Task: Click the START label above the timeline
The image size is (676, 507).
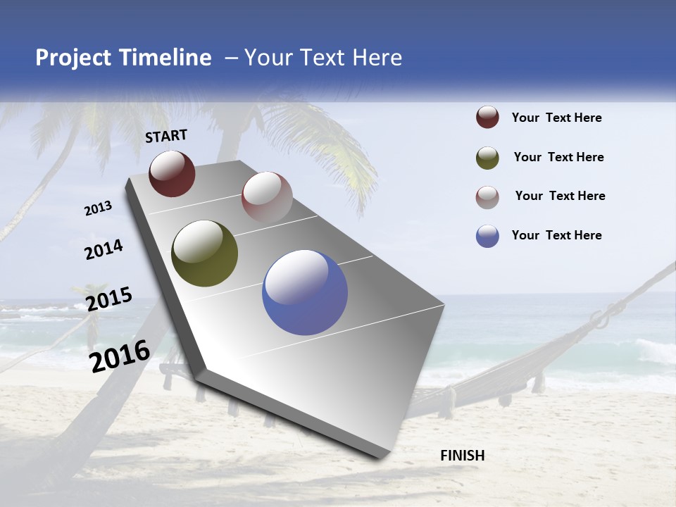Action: coord(166,136)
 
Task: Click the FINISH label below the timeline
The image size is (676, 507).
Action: coord(462,456)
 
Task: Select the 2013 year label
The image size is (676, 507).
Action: coord(99,208)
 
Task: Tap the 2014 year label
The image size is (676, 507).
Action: coord(104,249)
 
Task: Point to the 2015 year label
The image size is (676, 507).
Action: coord(108,299)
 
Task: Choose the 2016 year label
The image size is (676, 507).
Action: coord(120,356)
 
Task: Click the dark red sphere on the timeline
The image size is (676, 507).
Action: coord(172,174)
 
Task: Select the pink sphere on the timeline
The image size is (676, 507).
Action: coord(267,197)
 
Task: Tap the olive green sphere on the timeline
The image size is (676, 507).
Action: coord(204,254)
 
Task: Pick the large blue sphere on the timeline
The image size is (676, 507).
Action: coord(305,292)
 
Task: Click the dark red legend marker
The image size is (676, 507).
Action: coord(487,118)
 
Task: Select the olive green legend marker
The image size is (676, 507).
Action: coord(487,158)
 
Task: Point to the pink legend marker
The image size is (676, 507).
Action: coord(487,197)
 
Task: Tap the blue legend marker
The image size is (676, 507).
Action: coord(487,236)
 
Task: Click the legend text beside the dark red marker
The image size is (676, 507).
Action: coord(556,118)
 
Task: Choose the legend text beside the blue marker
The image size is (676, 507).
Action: coord(556,235)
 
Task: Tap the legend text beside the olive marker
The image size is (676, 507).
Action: coord(558,157)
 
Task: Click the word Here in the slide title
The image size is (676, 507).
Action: coord(377,58)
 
